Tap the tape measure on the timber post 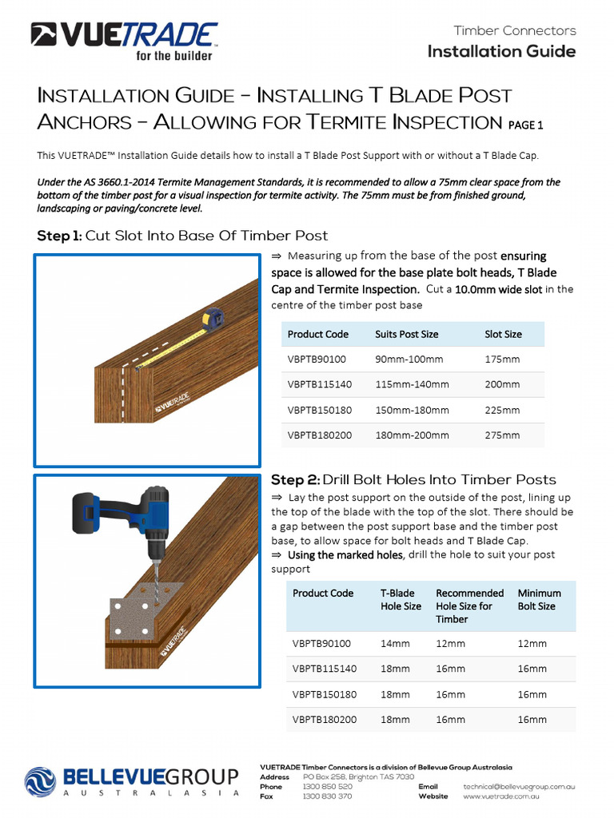(x=212, y=319)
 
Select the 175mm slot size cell (x=502, y=359)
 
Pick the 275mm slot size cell (x=502, y=435)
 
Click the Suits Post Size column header (x=406, y=334)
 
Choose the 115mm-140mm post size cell (x=412, y=384)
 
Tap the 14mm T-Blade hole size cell (x=395, y=643)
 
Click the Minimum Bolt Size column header (x=539, y=599)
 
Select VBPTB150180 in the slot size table (x=317, y=410)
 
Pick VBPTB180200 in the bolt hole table (x=325, y=720)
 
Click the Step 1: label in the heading (x=59, y=236)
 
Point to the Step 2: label (x=295, y=480)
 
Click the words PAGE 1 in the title (x=525, y=125)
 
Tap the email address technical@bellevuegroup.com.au (x=519, y=787)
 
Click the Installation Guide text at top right (x=501, y=52)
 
